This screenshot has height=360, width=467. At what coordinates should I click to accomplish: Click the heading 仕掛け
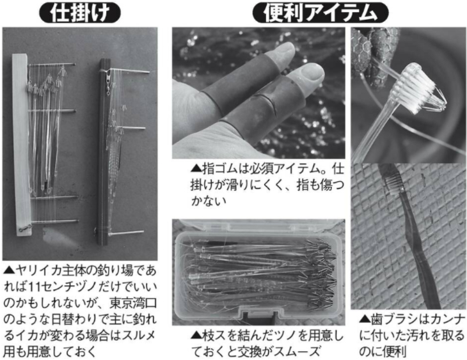[x=80, y=13]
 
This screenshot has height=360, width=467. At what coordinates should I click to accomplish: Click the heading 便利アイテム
[x=320, y=13]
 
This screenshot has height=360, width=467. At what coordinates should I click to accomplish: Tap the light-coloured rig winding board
[x=21, y=145]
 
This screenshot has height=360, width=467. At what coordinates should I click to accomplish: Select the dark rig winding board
[x=104, y=152]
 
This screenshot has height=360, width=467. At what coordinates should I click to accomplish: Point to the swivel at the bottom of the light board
[x=22, y=229]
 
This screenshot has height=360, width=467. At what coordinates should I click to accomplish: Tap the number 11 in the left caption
[x=36, y=287]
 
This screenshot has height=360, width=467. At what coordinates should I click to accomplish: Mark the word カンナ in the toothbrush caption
[x=447, y=320]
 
